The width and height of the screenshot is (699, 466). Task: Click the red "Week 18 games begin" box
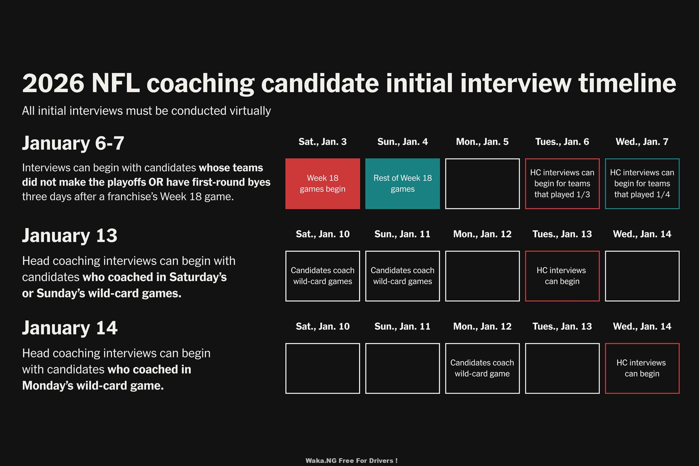point(322,184)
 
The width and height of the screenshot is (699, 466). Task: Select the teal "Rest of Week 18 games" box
point(402,184)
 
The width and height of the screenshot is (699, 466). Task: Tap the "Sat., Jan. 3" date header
point(322,142)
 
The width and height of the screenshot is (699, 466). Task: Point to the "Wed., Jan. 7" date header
point(642,142)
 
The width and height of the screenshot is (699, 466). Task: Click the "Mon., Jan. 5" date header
point(482,142)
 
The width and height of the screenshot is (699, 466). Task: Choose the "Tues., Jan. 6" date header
point(562,142)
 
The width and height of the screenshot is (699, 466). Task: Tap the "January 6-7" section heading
point(73,143)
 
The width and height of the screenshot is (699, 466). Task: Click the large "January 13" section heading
point(70,235)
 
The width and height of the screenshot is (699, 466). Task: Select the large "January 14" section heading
point(70,327)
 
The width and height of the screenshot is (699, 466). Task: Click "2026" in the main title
point(53,83)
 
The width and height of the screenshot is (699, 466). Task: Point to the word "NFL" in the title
point(116,83)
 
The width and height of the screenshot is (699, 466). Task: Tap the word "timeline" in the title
point(627,83)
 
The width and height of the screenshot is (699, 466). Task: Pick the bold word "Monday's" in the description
point(48,386)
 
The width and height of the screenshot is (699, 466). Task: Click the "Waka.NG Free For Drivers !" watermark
point(351,461)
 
